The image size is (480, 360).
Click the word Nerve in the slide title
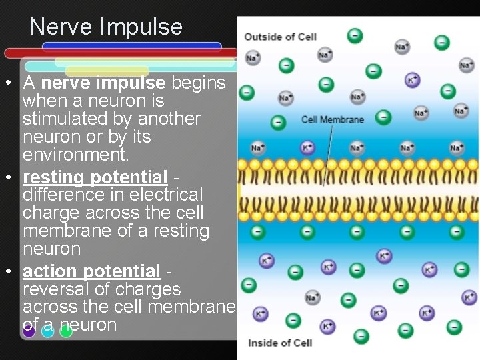[61, 27]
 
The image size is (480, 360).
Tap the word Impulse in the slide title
[141, 27]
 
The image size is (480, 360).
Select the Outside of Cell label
[280, 37]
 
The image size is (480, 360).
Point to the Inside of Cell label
[280, 343]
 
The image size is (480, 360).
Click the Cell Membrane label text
[333, 119]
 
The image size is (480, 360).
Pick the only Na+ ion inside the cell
[311, 297]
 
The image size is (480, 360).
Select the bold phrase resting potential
[95, 177]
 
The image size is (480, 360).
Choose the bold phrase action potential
[91, 271]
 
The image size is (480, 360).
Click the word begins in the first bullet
[199, 83]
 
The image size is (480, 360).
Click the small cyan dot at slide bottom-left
[47, 331]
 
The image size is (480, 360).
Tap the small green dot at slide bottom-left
[65, 331]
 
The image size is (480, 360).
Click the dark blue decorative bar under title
[131, 46]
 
